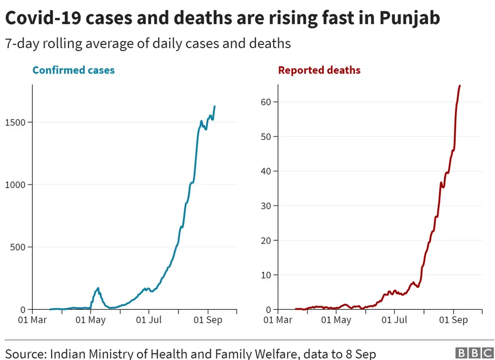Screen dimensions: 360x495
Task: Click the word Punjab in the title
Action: pos(409,18)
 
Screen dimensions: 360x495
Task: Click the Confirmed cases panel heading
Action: pos(74,70)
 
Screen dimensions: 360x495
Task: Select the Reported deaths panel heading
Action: pos(319,70)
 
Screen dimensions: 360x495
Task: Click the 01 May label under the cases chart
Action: pos(91,320)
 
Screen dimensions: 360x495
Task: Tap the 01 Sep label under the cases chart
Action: pos(208,320)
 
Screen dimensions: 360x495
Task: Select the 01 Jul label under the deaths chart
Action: pos(394,320)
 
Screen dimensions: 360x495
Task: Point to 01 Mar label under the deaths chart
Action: pos(277,320)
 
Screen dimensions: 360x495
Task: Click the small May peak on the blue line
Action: pos(98,289)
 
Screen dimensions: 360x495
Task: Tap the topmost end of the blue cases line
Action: pos(215,106)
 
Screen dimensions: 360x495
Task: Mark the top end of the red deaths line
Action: pos(459,86)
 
